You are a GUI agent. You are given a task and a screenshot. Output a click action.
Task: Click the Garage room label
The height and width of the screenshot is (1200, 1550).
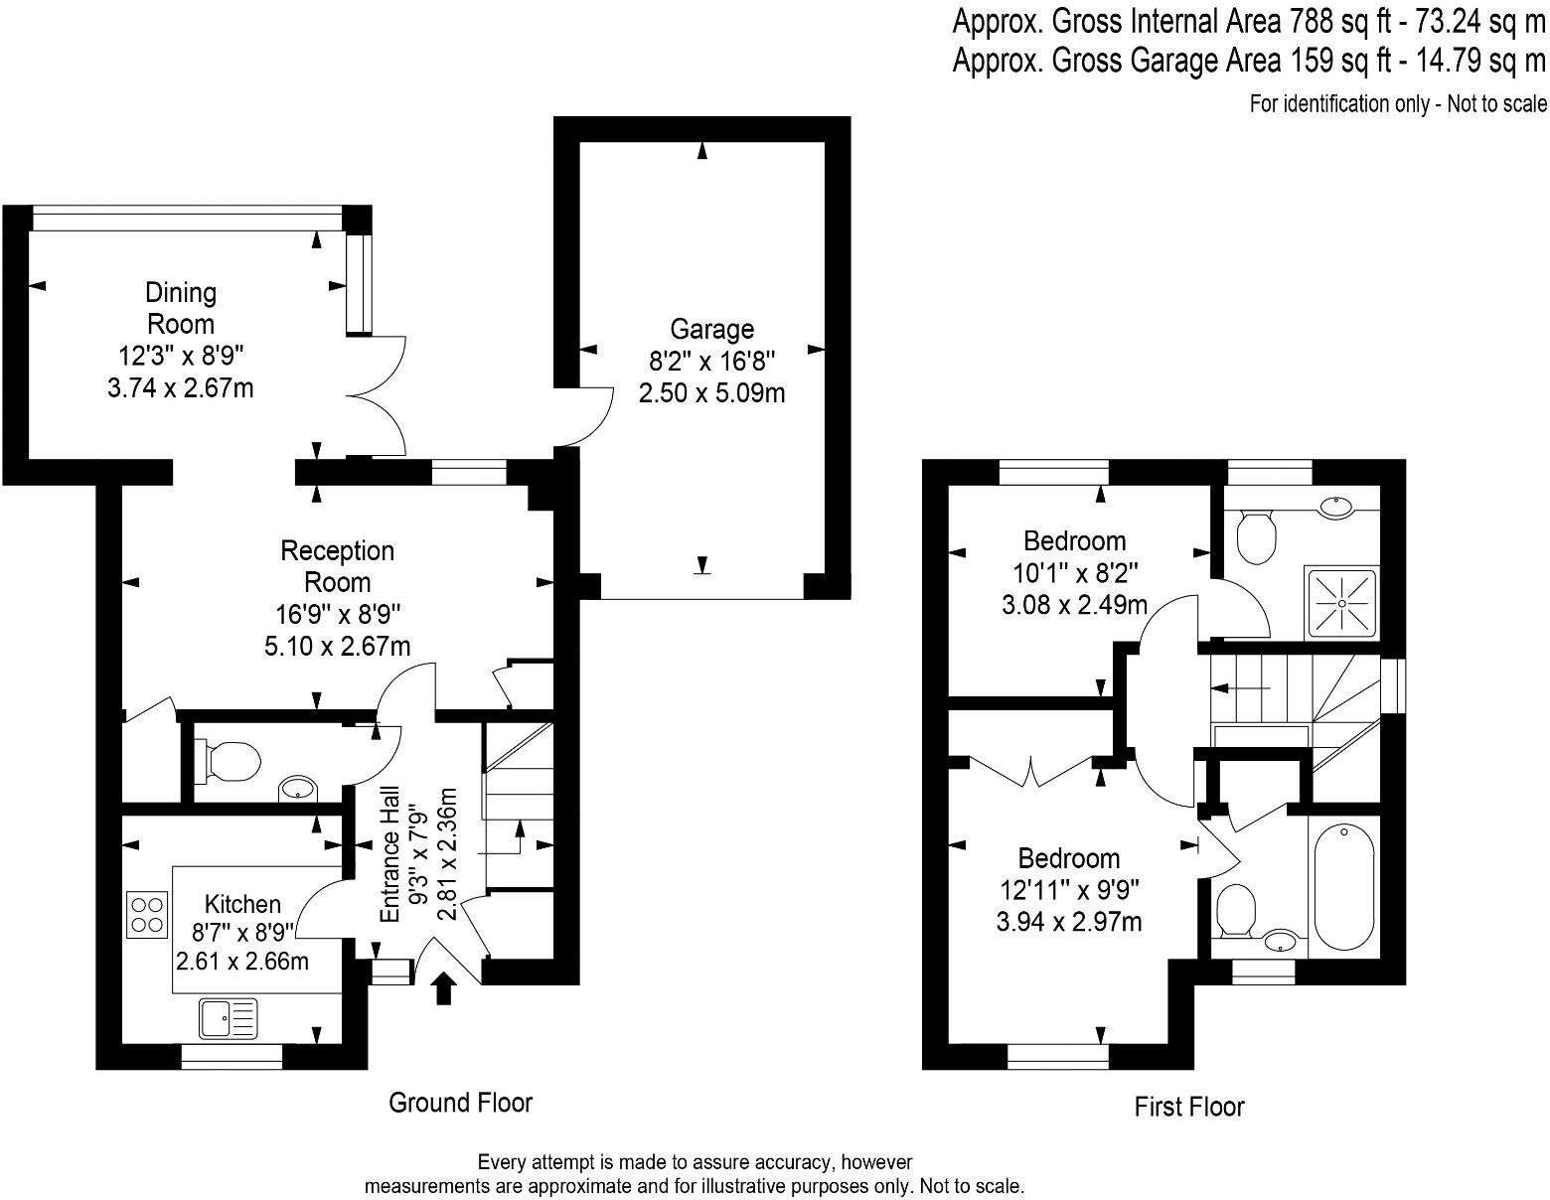(711, 329)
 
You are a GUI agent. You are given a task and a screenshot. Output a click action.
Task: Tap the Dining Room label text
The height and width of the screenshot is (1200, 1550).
(180, 308)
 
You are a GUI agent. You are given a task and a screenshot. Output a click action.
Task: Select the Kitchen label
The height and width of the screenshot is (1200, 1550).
(242, 904)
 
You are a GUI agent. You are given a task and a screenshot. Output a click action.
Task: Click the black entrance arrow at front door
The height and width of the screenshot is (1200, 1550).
(444, 988)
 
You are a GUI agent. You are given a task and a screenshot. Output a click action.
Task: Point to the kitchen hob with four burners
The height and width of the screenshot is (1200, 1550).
(146, 914)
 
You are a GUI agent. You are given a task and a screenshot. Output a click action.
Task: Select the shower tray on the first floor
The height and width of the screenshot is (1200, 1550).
(1341, 603)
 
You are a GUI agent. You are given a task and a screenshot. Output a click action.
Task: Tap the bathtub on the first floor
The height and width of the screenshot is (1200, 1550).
(1344, 887)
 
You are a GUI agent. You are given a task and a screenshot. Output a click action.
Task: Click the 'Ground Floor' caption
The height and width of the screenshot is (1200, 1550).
(460, 1103)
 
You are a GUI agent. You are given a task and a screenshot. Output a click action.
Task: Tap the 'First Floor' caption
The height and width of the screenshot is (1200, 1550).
(1188, 1107)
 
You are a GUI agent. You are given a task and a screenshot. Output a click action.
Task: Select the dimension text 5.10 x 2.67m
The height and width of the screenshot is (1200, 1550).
(337, 647)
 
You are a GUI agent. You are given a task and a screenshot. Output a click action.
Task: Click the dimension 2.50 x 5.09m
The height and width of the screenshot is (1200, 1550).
(711, 393)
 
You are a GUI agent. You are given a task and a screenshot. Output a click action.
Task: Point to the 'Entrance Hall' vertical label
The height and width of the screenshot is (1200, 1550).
(391, 856)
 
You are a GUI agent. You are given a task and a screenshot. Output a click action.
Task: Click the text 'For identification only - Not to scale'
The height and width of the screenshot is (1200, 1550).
(1397, 103)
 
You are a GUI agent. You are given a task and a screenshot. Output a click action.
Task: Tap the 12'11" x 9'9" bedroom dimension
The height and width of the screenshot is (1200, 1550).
(1068, 890)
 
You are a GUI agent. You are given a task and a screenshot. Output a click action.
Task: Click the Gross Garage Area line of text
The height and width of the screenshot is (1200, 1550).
(1248, 62)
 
